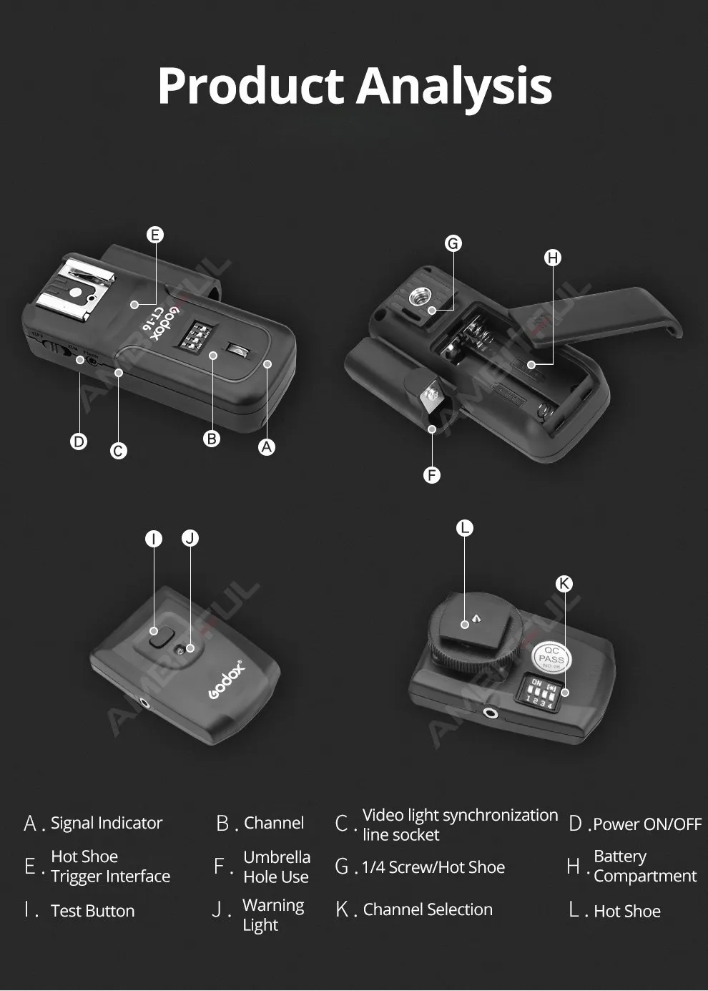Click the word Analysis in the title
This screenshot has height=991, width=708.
click(x=454, y=87)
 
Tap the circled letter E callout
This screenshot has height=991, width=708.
click(x=155, y=235)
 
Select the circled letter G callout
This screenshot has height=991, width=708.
click(x=453, y=243)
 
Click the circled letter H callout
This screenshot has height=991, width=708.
click(x=553, y=258)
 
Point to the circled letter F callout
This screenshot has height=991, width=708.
click(x=432, y=475)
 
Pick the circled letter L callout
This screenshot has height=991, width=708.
click(x=465, y=528)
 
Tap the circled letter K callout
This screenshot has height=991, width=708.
click(x=564, y=584)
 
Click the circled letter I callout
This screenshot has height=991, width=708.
click(x=154, y=539)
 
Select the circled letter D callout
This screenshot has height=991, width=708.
click(x=79, y=441)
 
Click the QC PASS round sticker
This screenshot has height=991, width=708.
click(x=551, y=657)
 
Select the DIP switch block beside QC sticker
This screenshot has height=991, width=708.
click(x=541, y=692)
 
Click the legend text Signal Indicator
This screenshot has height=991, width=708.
click(x=107, y=824)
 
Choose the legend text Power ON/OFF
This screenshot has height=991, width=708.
click(x=647, y=824)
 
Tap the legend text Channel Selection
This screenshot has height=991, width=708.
click(x=428, y=909)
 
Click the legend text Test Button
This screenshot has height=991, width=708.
click(x=93, y=911)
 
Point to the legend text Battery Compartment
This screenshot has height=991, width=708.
click(x=644, y=866)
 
